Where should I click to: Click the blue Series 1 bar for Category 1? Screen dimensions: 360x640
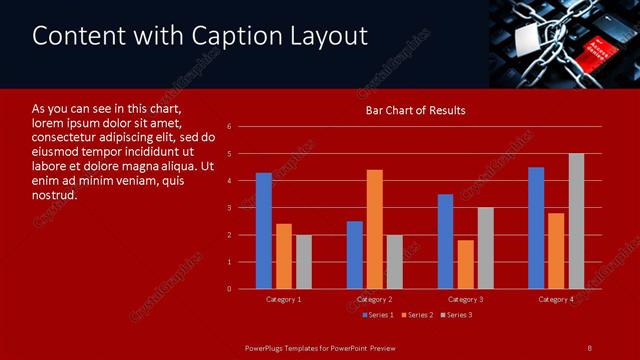click(263, 231)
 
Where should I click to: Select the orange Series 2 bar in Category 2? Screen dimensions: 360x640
click(375, 229)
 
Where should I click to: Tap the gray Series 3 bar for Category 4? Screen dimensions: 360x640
click(576, 221)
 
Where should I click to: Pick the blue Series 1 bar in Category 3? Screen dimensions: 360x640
click(445, 241)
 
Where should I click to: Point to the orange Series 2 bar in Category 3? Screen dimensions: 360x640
click(465, 264)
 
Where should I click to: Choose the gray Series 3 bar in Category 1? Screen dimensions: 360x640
click(303, 262)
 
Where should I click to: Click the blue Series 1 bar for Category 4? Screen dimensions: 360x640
click(536, 228)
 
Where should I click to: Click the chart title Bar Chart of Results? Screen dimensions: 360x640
click(414, 110)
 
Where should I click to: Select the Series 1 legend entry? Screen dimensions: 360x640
click(377, 315)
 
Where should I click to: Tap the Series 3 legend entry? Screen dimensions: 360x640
click(456, 315)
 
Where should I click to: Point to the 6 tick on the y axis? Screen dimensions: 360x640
click(230, 127)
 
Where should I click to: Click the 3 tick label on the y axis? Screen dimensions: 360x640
click(230, 208)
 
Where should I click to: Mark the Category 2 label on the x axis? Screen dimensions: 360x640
click(374, 299)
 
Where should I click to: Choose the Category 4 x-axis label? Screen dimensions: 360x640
click(556, 299)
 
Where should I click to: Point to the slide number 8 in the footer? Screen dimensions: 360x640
click(589, 348)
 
